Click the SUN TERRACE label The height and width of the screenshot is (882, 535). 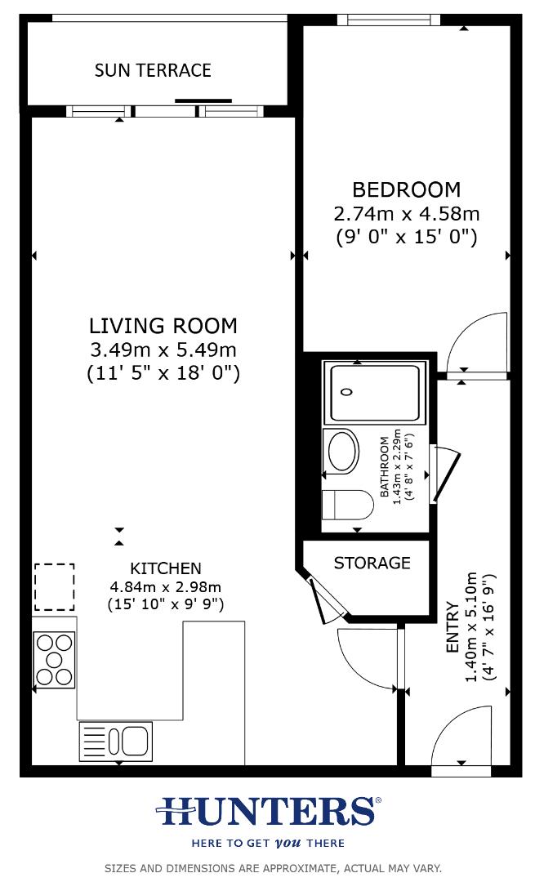pyautogui.click(x=153, y=70)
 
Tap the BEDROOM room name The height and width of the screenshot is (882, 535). pyautogui.click(x=406, y=189)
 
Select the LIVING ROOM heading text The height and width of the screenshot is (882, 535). pyautogui.click(x=163, y=325)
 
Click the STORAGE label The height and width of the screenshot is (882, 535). pyautogui.click(x=372, y=563)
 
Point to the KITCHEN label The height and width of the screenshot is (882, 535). pyautogui.click(x=165, y=568)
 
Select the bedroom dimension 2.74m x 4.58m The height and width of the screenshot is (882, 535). pyautogui.click(x=406, y=214)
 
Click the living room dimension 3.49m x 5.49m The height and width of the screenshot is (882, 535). pyautogui.click(x=163, y=350)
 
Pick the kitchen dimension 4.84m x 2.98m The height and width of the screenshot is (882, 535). pyautogui.click(x=165, y=586)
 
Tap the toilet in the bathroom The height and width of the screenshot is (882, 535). pyautogui.click(x=345, y=505)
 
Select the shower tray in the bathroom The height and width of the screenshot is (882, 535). pyautogui.click(x=374, y=393)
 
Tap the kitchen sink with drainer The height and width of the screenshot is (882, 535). pyautogui.click(x=115, y=742)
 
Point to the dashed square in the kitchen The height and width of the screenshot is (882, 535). pyautogui.click(x=54, y=587)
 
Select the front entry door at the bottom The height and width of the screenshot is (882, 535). pyautogui.click(x=461, y=739)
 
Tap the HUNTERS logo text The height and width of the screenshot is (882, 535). pyautogui.click(x=267, y=812)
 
